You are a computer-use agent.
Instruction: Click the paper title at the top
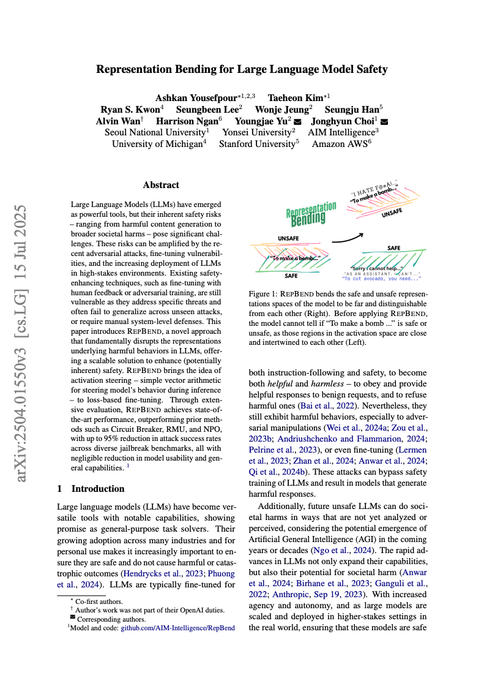(x=242, y=69)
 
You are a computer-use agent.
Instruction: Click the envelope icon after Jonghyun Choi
(x=384, y=121)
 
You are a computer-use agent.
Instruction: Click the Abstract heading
(x=161, y=185)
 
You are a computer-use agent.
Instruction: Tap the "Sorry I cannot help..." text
(x=377, y=268)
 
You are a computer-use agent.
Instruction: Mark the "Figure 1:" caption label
(x=264, y=295)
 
